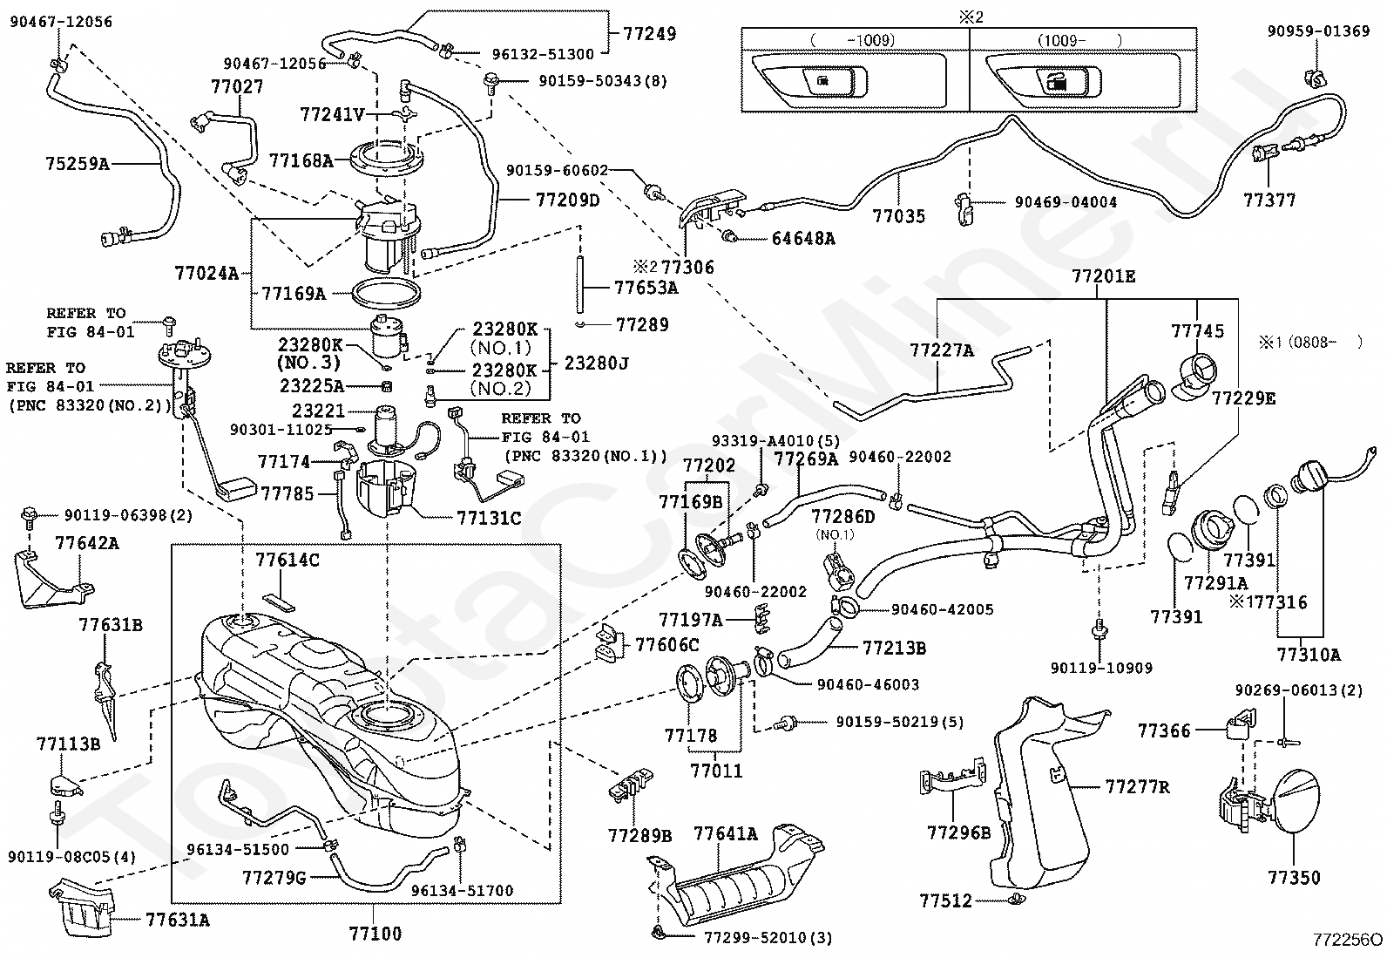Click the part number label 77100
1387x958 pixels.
pyautogui.click(x=375, y=933)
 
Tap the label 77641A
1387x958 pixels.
pyautogui.click(x=725, y=833)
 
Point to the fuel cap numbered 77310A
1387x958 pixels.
pyautogui.click(x=1308, y=483)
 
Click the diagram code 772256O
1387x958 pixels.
pyautogui.click(x=1348, y=940)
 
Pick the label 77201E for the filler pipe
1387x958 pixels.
pyautogui.click(x=1104, y=276)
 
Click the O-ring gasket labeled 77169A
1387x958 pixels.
pyautogui.click(x=387, y=293)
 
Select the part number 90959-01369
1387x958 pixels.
pyautogui.click(x=1318, y=31)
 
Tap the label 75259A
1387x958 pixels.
pyautogui.click(x=77, y=164)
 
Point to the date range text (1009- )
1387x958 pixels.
pyautogui.click(x=1079, y=41)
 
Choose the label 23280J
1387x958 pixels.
pyautogui.click(x=596, y=363)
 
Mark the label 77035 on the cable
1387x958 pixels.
pyautogui.click(x=898, y=215)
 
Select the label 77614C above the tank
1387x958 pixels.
pyautogui.click(x=288, y=561)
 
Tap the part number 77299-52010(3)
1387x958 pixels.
pyautogui.click(x=768, y=938)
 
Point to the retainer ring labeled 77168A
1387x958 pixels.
pyautogui.click(x=387, y=160)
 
